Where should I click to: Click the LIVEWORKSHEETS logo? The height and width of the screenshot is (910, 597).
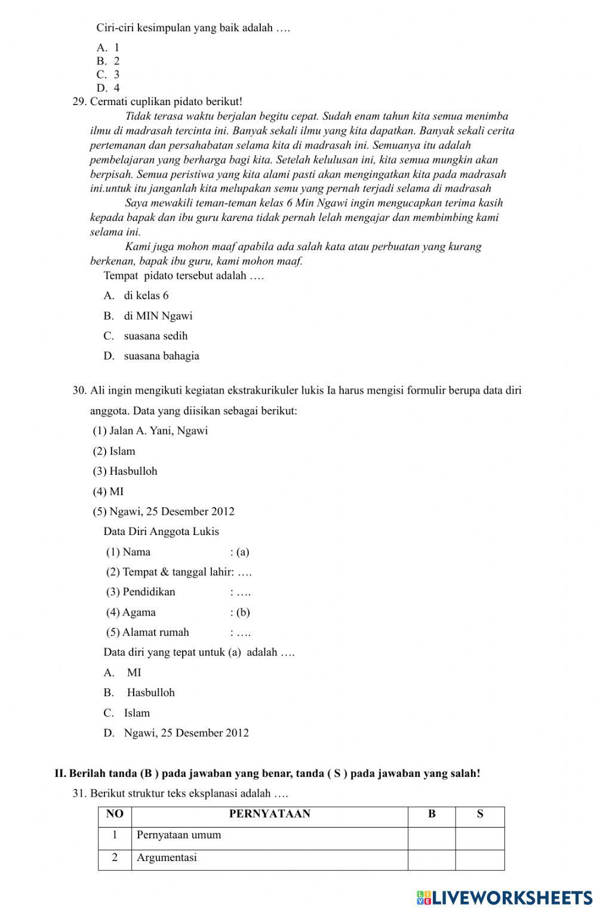[504, 897]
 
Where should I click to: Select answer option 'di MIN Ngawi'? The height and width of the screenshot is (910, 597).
[158, 316]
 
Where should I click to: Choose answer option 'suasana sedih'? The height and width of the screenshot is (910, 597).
[155, 336]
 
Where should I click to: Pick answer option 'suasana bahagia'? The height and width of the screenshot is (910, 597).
[161, 356]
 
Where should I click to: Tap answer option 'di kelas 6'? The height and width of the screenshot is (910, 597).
[146, 296]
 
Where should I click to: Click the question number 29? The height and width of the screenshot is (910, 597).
[79, 102]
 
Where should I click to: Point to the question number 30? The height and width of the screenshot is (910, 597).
[79, 391]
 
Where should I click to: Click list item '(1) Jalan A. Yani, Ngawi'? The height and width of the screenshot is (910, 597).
[150, 431]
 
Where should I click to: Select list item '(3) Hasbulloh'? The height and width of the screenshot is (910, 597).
[125, 471]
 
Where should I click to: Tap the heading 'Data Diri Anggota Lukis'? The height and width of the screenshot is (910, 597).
[161, 531]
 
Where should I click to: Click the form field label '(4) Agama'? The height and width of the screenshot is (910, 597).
[131, 612]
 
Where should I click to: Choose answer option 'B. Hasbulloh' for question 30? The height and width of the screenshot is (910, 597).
[150, 693]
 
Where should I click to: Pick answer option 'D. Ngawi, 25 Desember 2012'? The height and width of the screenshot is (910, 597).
[186, 733]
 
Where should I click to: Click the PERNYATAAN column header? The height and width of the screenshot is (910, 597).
[270, 814]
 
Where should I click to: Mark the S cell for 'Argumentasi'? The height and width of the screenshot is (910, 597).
[480, 859]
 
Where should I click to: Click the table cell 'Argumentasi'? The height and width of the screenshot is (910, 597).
[167, 858]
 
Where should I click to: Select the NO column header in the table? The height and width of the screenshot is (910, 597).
[115, 814]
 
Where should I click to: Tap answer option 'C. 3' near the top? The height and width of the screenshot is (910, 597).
[108, 75]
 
